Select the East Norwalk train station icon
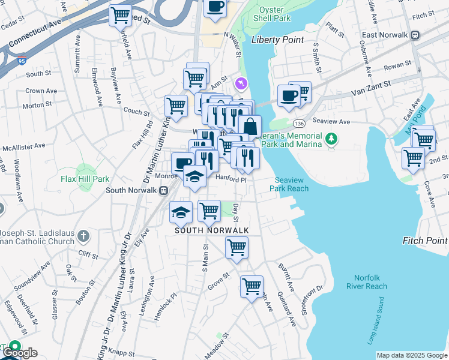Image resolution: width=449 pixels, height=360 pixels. coord(415,35)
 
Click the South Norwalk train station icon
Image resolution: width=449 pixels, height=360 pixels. coord(163,190)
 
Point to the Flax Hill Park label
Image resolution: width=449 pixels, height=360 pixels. coord(85,179)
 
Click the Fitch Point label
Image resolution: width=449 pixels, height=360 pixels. coord(425,241)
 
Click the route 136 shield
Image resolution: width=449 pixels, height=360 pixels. coord(300,123)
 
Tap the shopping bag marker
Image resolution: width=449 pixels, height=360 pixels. coord(250,127)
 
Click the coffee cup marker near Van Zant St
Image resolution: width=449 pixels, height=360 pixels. coord(289,95)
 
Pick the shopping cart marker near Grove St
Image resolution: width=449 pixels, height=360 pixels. coord(252,285)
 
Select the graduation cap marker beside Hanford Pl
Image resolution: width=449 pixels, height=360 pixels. coord(194,176)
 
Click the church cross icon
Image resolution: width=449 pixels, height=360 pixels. coord(83,236)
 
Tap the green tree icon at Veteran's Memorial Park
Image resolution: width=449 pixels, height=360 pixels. coord(330,140)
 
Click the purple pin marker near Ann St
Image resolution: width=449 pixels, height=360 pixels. coord(242,82)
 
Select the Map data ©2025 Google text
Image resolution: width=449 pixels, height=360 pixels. coord(412,355)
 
